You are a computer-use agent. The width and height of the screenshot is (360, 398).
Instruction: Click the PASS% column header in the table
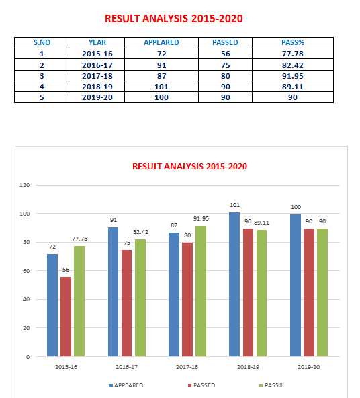[293, 42]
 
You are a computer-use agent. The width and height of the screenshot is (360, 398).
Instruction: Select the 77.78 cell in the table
[293, 54]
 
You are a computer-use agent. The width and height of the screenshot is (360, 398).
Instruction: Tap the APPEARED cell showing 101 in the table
[161, 87]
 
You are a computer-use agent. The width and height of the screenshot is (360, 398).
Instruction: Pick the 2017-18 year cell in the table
[97, 76]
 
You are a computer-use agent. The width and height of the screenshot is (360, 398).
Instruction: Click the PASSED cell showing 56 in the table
[225, 54]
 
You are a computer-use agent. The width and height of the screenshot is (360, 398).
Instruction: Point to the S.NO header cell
[42, 42]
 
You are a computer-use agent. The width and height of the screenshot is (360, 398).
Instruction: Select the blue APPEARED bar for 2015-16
[52, 305]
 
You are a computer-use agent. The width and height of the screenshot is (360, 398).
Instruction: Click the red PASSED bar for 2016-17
[126, 303]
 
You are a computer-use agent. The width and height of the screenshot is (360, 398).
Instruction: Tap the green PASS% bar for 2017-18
[201, 291]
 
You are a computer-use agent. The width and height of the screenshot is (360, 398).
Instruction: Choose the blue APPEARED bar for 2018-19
[234, 284]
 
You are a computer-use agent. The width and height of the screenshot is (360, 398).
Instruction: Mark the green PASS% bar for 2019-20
[322, 292]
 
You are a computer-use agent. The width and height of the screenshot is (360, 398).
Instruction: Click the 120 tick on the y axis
[25, 185]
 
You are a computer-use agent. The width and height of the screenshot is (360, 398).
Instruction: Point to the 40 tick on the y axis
[26, 299]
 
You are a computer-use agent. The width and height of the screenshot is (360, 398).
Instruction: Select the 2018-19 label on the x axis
[248, 367]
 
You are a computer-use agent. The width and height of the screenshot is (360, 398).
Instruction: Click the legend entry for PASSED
[201, 385]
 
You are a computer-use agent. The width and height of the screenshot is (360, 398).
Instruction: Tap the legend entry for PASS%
[271, 385]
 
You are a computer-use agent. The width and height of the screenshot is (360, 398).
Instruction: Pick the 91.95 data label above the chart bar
[201, 218]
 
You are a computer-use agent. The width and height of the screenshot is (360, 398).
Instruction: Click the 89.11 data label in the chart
[261, 223]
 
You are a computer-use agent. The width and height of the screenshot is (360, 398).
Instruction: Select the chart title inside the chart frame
[189, 167]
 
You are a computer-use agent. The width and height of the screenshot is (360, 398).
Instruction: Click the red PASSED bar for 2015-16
[66, 317]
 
